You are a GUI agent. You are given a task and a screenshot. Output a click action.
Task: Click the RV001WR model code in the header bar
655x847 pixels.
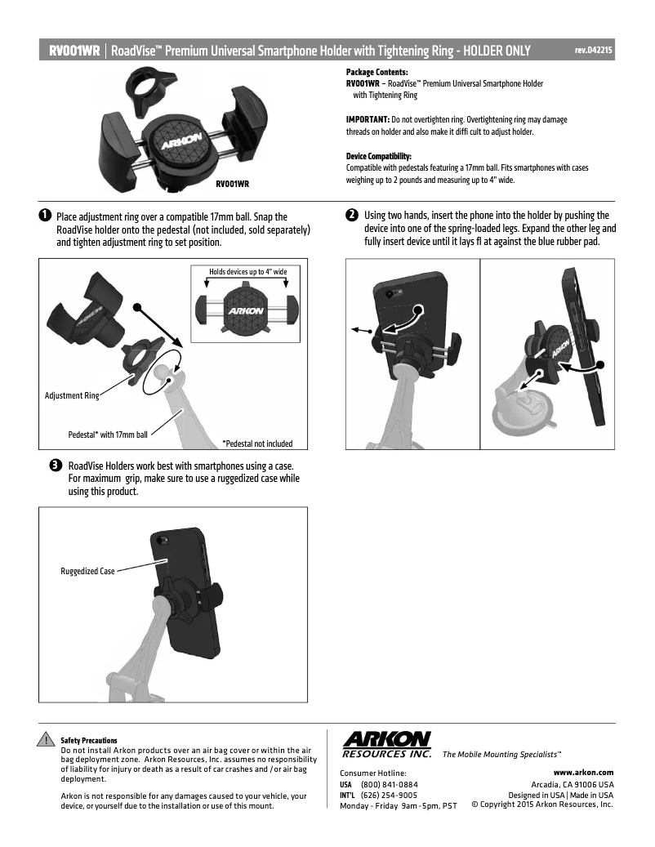point(74,51)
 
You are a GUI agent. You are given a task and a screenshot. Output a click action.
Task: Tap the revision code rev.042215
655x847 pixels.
point(594,51)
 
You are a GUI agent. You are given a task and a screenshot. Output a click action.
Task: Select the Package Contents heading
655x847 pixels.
point(377,73)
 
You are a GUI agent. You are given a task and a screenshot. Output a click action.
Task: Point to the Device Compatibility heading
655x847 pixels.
point(379,156)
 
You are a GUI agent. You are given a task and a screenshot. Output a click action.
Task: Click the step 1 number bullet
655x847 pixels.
point(45,216)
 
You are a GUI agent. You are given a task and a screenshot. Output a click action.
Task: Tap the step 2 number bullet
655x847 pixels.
point(352,216)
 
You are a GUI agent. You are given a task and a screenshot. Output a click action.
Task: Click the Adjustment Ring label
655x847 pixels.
point(71,395)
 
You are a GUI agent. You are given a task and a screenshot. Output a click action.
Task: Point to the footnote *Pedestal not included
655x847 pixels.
point(257,444)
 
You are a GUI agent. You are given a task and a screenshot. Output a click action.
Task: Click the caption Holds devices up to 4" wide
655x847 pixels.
point(243,270)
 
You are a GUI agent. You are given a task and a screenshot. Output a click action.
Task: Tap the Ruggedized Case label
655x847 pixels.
point(87,571)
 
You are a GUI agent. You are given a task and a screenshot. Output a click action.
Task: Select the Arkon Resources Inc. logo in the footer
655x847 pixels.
point(387,743)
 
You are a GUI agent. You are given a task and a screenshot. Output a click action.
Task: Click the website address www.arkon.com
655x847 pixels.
point(583,772)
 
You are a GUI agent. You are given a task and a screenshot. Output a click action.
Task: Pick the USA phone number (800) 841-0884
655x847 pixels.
point(389,784)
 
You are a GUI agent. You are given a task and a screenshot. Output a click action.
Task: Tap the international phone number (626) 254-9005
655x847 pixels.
point(389,795)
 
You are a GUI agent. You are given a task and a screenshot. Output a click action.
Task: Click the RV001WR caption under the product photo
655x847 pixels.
point(232,185)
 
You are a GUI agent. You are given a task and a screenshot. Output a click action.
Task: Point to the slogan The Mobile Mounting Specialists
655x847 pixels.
point(501,754)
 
